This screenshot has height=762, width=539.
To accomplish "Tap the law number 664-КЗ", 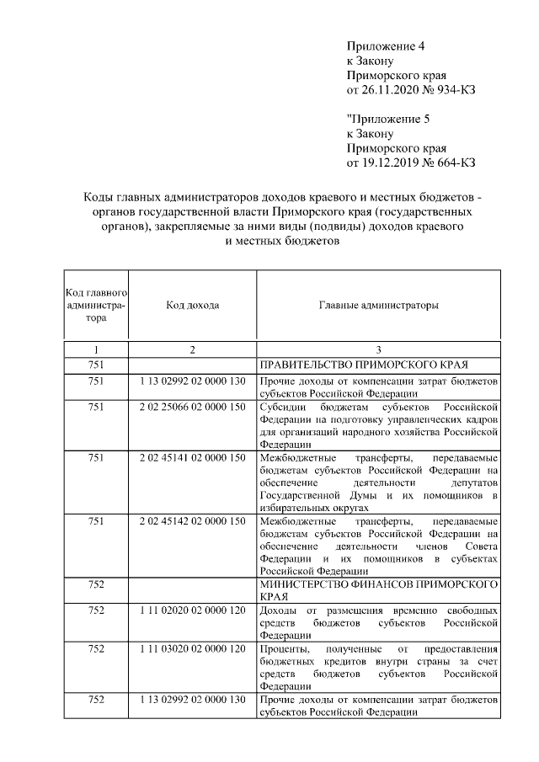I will pos(451,162).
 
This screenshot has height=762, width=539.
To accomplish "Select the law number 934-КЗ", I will pos(451,90).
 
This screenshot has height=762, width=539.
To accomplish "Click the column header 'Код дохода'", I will pos(192,305).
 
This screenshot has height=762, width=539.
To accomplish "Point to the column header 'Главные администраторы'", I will pos(378,305).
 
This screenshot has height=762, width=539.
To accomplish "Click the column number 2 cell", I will pos(192,349).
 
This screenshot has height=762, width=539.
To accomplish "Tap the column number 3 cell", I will pos(378,349).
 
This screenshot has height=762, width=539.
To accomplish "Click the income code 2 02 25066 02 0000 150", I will pos(192,407).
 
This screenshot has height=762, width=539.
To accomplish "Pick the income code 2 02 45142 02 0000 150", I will pos(192,522).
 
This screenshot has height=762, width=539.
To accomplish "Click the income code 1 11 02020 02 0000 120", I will pos(192,609).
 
